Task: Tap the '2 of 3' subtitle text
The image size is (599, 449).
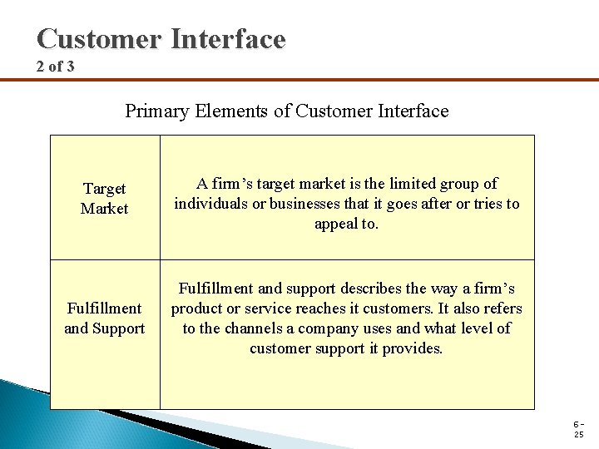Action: (56, 66)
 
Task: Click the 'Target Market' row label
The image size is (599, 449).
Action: (105, 198)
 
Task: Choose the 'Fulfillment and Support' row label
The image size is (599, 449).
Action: (105, 318)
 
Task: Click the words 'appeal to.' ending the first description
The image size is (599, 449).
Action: (346, 224)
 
